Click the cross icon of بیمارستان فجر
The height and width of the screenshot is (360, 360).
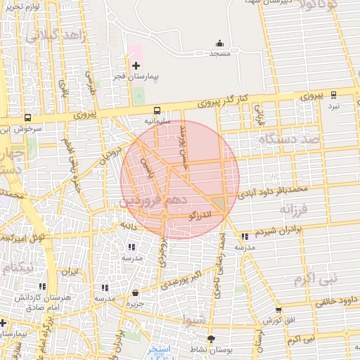click(x=136, y=65)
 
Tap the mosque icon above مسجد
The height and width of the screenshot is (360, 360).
click(x=219, y=43)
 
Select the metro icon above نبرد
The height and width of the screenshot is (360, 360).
click(x=333, y=94)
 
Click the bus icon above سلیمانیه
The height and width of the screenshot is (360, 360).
click(x=157, y=110)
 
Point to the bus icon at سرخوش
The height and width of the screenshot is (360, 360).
click(x=27, y=118)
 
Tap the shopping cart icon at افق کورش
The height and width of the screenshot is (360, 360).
click(x=278, y=310)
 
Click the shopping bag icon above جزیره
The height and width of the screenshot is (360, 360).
click(x=135, y=293)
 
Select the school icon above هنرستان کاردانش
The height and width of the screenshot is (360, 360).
click(x=44, y=287)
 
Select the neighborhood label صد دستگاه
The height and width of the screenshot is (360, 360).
click(x=289, y=140)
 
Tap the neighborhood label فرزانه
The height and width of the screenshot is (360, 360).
click(x=295, y=210)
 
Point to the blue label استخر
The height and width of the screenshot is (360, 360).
click(x=159, y=349)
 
